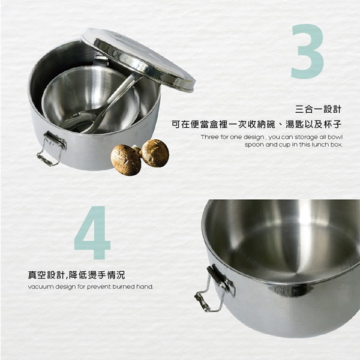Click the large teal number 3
307,52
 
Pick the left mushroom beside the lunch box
125,160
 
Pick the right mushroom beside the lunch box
155,152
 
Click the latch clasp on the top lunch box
51,149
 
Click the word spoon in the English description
256,145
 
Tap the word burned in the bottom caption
124,287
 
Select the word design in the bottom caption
67,287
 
